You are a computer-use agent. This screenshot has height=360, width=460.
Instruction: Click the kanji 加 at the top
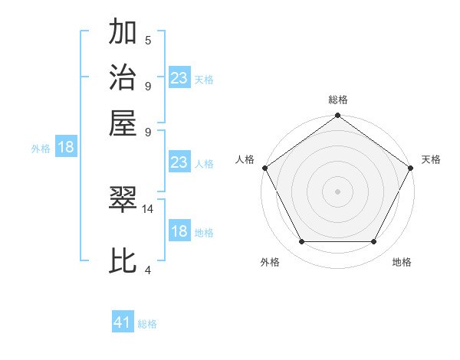(123, 34)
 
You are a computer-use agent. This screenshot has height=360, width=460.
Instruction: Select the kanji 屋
(123, 123)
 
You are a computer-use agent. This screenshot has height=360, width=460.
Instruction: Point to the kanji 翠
(123, 199)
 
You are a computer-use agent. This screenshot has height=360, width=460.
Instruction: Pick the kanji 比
(123, 261)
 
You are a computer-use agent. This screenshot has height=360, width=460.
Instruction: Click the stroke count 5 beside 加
(147, 40)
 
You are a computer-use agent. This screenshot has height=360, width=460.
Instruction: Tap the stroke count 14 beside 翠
(148, 208)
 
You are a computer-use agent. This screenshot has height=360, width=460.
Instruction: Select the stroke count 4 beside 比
(147, 270)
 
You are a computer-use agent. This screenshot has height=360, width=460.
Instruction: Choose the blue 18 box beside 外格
(66, 148)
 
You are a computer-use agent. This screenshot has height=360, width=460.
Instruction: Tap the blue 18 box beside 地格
(179, 232)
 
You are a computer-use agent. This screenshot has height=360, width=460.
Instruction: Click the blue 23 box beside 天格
(179, 78)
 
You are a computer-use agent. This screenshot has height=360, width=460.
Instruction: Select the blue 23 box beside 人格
(179, 162)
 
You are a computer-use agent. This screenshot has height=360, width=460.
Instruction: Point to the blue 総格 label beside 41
(147, 324)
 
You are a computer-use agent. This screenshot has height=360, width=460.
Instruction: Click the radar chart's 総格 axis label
(337, 100)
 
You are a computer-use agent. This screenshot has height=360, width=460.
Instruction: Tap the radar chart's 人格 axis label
(245, 159)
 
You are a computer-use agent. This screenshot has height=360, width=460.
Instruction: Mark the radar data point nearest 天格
(411, 168)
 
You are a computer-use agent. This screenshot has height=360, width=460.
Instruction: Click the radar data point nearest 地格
(374, 242)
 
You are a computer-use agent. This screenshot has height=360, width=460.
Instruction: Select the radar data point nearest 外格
(301, 242)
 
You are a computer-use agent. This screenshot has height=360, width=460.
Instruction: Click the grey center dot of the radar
(337, 191)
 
